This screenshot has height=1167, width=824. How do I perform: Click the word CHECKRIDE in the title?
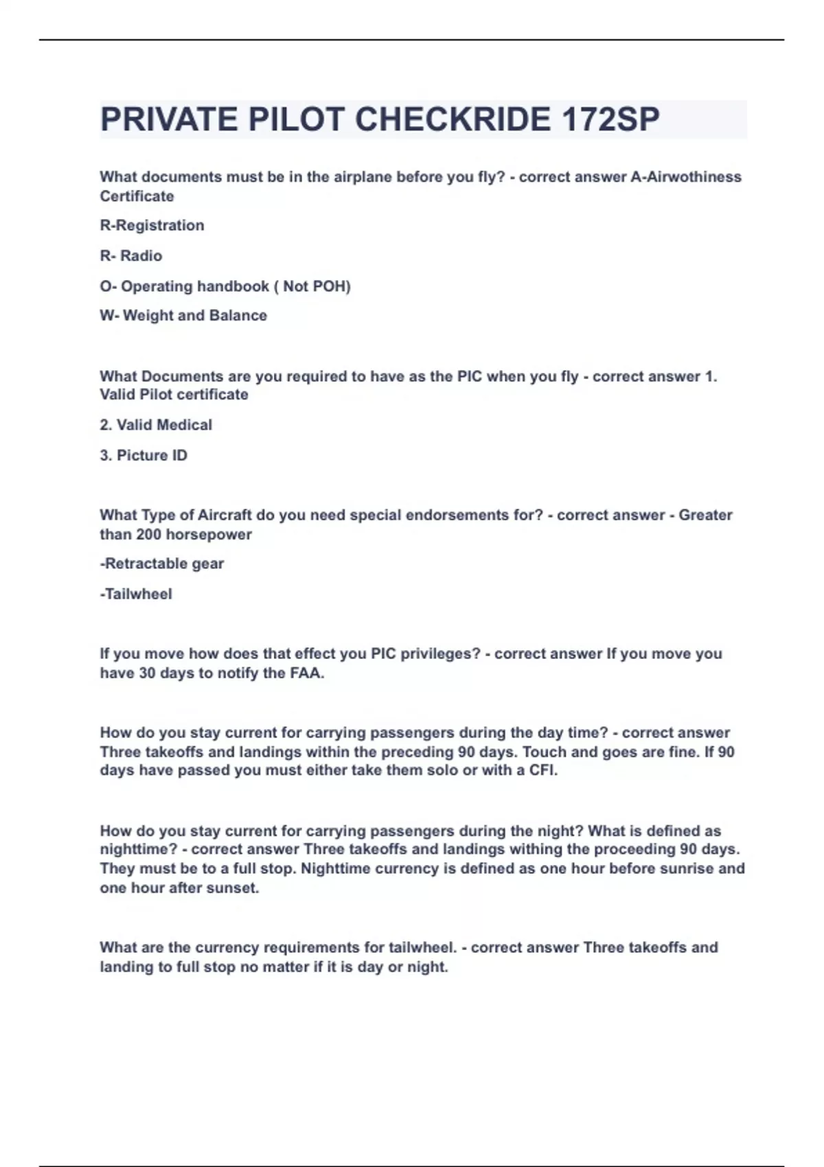(x=453, y=119)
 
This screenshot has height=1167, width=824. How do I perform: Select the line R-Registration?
(x=152, y=226)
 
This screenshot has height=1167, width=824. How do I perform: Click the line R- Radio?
(x=131, y=256)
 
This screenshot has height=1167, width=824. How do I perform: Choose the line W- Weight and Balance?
(x=183, y=316)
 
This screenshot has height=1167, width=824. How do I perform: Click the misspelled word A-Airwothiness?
(x=686, y=177)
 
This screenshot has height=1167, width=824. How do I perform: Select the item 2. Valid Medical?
(x=156, y=425)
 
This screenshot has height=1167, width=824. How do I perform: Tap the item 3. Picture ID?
(x=144, y=455)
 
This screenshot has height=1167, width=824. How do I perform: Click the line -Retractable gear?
(x=162, y=564)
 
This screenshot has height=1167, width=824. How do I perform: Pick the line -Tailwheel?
(x=136, y=594)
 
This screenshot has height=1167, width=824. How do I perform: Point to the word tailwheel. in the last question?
(x=422, y=947)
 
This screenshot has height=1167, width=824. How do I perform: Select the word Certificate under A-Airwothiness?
(x=137, y=196)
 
